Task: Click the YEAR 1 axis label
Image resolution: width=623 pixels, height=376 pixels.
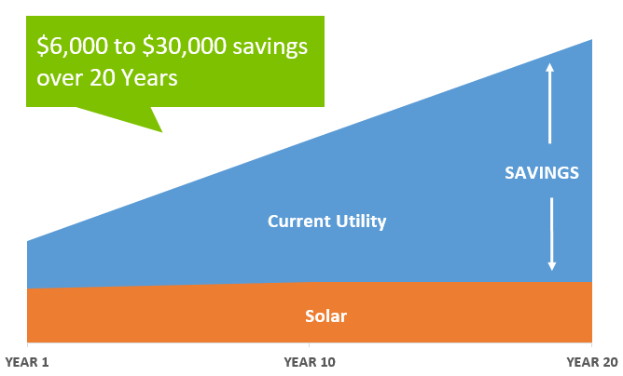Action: tap(27, 362)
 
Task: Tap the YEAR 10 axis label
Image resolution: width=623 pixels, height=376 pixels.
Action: tap(310, 362)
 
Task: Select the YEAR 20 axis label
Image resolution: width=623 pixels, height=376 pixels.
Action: tap(592, 362)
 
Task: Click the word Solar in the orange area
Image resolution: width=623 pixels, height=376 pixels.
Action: tap(325, 316)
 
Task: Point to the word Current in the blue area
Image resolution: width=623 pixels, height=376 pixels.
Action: tap(299, 222)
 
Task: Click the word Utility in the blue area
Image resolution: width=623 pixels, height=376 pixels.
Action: tap(361, 222)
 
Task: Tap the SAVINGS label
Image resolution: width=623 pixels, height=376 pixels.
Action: tap(542, 173)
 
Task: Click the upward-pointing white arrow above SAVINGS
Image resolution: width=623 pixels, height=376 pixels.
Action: tap(550, 103)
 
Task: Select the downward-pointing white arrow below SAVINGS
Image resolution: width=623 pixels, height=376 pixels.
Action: tap(552, 234)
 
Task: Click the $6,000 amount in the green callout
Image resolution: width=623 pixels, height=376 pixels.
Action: tap(73, 46)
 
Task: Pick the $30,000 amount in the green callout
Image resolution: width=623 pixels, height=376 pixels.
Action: tap(185, 46)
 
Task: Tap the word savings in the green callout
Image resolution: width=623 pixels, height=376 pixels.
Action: tap(270, 47)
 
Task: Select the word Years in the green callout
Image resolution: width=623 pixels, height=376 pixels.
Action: tap(149, 77)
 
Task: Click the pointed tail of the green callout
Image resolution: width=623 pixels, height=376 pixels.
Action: tap(161, 131)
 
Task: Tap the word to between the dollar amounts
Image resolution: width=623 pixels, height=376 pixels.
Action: tap(125, 47)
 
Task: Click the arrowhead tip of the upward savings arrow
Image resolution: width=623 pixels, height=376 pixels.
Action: tap(550, 63)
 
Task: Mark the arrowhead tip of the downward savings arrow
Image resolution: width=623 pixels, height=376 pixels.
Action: tap(552, 271)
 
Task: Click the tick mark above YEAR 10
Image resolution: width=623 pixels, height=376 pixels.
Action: tap(310, 344)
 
